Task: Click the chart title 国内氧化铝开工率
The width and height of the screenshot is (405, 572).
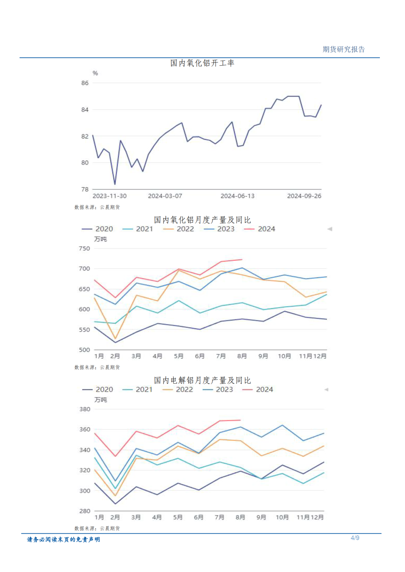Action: coord(202,63)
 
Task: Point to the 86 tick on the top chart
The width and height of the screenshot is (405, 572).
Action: coord(85,83)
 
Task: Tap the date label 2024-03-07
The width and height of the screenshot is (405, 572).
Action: coord(165,196)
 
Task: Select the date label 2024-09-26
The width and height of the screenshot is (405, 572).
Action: coord(304,196)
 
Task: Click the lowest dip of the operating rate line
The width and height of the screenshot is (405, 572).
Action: coord(115,184)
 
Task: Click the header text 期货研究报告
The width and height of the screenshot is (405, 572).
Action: coord(343,49)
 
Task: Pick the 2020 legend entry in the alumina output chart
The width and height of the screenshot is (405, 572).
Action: coord(97,229)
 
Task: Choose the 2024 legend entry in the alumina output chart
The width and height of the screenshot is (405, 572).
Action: coord(260,229)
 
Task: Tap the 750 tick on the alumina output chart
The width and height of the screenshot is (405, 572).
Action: coord(84,249)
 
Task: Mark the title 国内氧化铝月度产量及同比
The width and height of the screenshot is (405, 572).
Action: coord(202,220)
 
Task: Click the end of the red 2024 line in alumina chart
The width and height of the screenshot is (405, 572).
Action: coord(242,259)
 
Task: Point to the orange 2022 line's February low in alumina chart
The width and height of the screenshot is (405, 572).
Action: coord(115,339)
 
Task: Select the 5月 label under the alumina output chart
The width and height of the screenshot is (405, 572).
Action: coord(178,356)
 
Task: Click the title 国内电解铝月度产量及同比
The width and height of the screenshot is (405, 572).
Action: coord(202,380)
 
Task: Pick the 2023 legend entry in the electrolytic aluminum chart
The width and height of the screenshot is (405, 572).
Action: coord(218,390)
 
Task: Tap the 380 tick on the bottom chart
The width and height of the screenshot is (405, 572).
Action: coord(85,409)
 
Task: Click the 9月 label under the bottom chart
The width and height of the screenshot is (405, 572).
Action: coord(261,517)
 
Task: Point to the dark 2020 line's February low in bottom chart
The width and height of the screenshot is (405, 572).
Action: coord(115,504)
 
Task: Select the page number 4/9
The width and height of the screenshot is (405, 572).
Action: coord(355,538)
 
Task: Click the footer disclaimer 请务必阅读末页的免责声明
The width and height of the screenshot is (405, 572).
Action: coord(63,540)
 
